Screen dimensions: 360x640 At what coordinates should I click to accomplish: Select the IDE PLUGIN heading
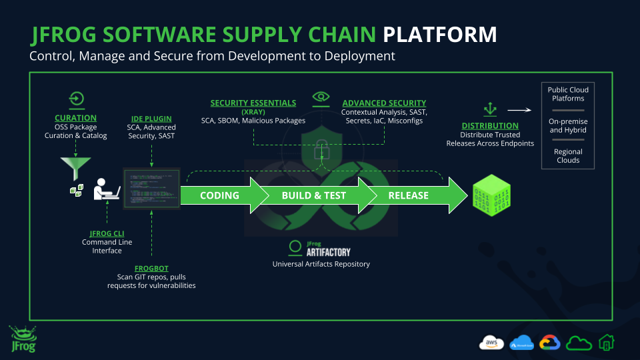coord(151,118)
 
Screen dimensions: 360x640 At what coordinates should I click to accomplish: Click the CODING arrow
coord(219,195)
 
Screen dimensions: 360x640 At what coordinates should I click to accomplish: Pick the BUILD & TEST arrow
coord(313,195)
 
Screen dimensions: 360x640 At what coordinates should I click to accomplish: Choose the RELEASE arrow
coord(409,195)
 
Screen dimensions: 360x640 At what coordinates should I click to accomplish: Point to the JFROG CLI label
coord(107,233)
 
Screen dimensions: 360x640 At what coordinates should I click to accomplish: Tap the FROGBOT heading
coord(151,268)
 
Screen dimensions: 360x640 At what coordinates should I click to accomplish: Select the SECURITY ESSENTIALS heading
coord(253,103)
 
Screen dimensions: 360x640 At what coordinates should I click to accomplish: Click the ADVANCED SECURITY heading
coord(384,103)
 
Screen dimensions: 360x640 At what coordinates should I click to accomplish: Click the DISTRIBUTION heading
coord(490,125)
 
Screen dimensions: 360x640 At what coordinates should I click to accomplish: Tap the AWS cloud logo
coord(491,343)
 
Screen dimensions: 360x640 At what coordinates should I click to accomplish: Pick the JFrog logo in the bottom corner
coord(23,339)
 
